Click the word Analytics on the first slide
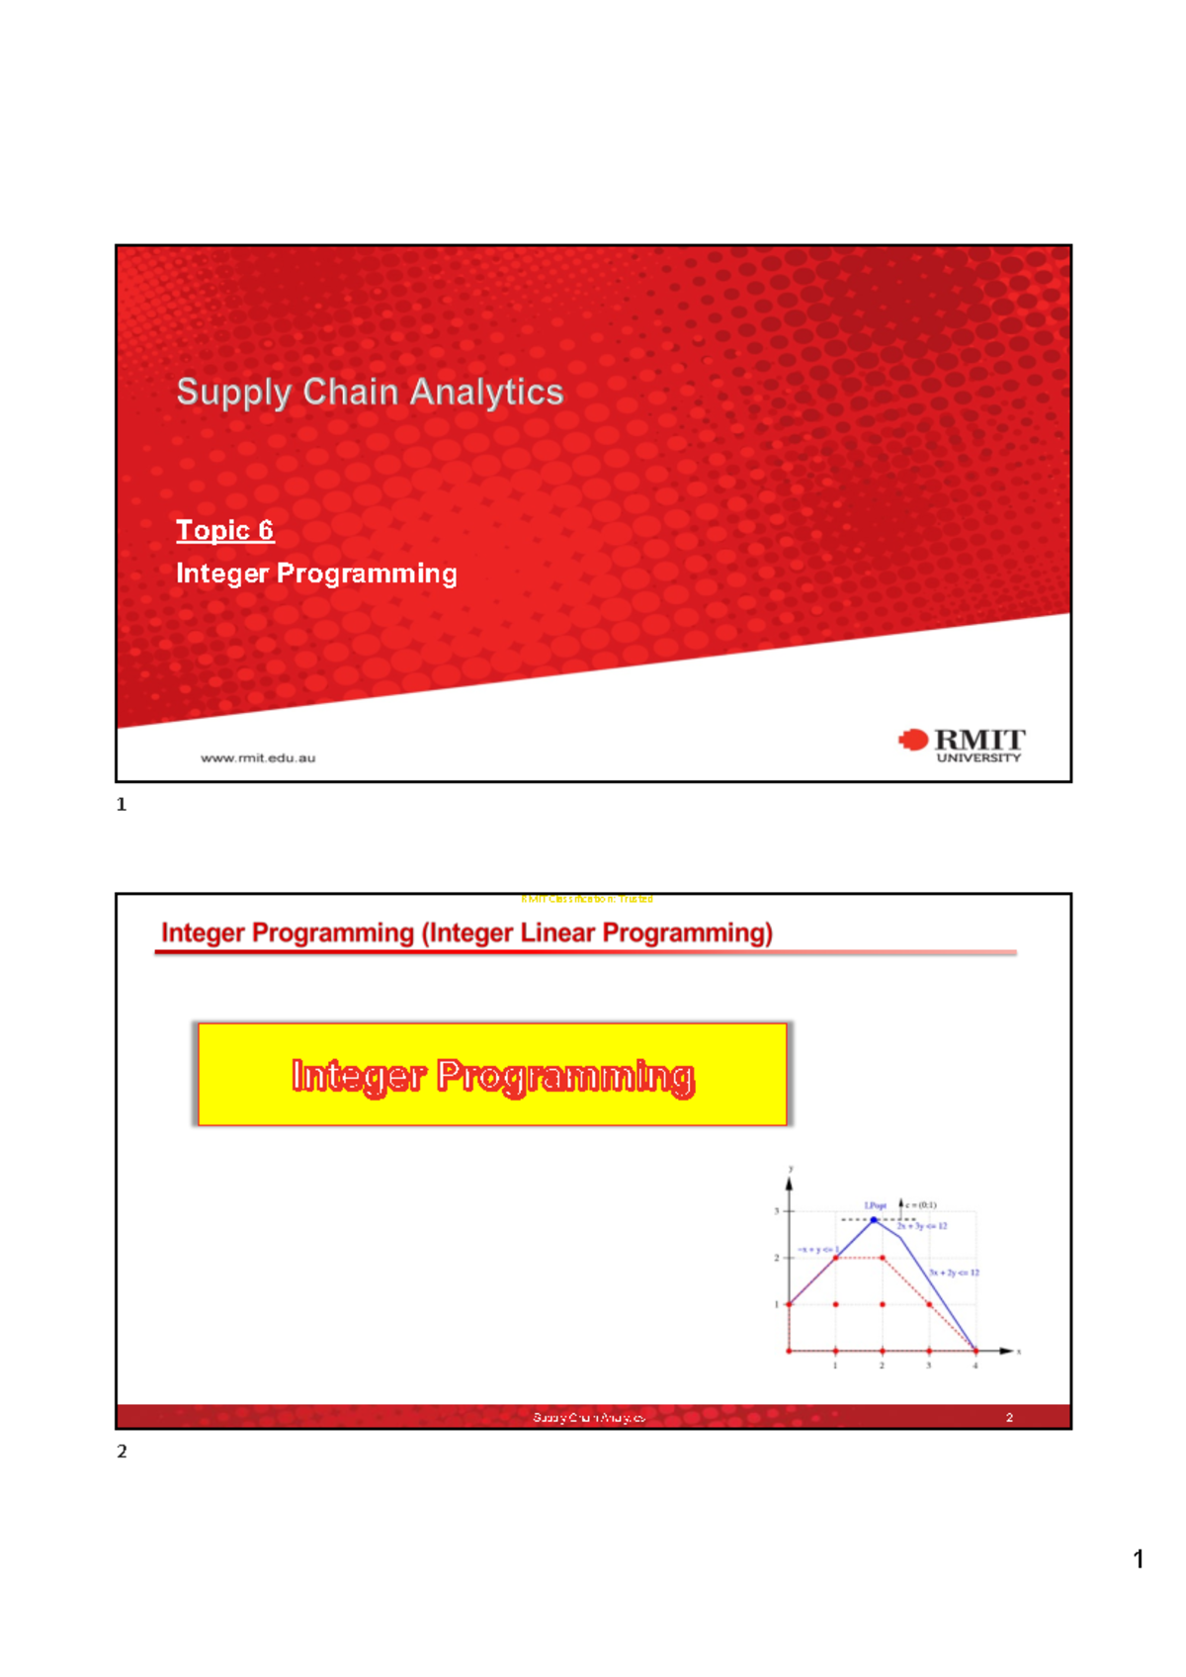pyautogui.click(x=486, y=392)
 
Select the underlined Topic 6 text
pyautogui.click(x=224, y=530)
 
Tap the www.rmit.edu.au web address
pyautogui.click(x=258, y=758)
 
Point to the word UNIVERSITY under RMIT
pyautogui.click(x=977, y=758)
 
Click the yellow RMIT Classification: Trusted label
pyautogui.click(x=586, y=899)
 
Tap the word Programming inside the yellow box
pyautogui.click(x=565, y=1076)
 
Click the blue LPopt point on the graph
pyautogui.click(x=874, y=1219)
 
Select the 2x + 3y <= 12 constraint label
pyautogui.click(x=921, y=1226)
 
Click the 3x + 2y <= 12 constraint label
pyautogui.click(x=954, y=1273)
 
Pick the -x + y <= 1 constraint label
pyautogui.click(x=816, y=1250)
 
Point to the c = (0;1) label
pyautogui.click(x=920, y=1205)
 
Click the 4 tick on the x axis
pyautogui.click(x=975, y=1366)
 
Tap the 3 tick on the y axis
pyautogui.click(x=777, y=1211)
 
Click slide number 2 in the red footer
pyautogui.click(x=1009, y=1418)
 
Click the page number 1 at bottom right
pyautogui.click(x=1139, y=1559)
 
